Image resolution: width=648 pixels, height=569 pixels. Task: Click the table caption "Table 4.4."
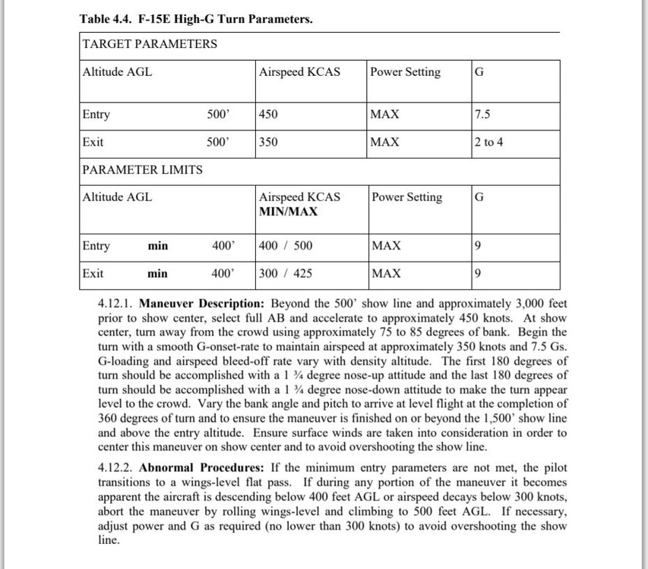[x=106, y=19]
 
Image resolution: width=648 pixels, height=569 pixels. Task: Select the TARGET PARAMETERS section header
[x=150, y=44]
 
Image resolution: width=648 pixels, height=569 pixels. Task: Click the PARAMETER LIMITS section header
[x=143, y=170]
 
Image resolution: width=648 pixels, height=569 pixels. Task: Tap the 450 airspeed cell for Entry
[x=268, y=115]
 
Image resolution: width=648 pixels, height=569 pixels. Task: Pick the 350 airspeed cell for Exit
[x=268, y=142]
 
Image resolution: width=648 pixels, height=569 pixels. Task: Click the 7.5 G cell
[x=482, y=115]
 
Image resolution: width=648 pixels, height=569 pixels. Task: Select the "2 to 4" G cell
[x=488, y=142]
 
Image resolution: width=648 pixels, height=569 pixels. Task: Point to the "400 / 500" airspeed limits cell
[x=286, y=246]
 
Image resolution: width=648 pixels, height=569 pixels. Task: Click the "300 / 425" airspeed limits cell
[x=286, y=273]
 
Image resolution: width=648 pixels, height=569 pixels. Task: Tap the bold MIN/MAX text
[x=289, y=211]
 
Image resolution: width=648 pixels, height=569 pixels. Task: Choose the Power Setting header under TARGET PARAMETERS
[x=406, y=72]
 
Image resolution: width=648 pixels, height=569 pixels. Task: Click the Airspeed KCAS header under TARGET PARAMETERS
[x=299, y=72]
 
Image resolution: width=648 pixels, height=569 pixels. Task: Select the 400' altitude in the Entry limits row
[x=223, y=246]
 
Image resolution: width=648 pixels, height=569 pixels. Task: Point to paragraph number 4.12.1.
[x=117, y=303]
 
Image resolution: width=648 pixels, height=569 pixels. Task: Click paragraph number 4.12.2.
[x=117, y=467]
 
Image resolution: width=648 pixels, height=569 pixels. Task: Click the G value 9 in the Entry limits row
[x=477, y=246]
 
